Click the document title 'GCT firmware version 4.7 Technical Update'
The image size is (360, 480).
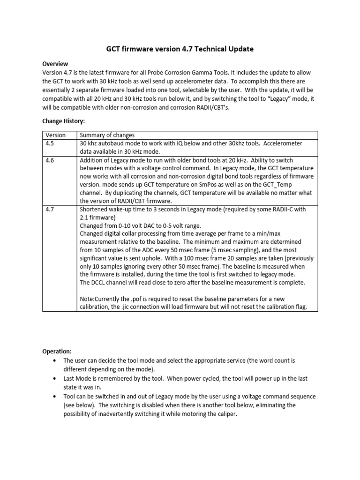click(x=180, y=49)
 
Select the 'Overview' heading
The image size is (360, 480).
click(x=55, y=64)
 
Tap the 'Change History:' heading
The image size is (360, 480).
click(x=64, y=121)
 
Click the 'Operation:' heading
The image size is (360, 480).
click(x=57, y=351)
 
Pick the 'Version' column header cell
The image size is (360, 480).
click(x=55, y=135)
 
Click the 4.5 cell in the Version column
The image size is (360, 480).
click(x=50, y=143)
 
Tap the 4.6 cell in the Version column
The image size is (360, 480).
click(x=50, y=160)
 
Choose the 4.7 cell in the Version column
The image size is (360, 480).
click(x=50, y=210)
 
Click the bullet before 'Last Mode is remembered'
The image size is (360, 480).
click(x=55, y=378)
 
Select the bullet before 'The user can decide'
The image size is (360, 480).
click(x=55, y=361)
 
